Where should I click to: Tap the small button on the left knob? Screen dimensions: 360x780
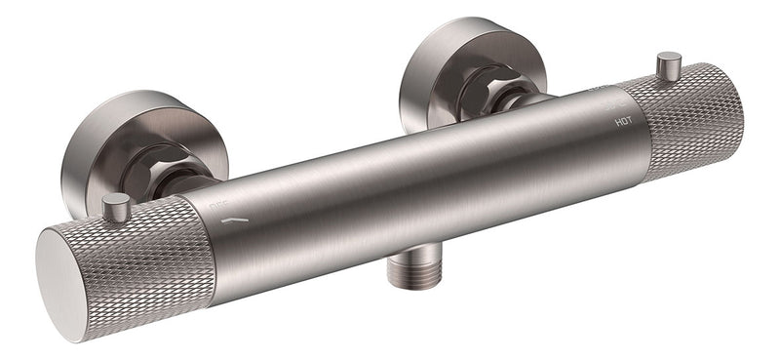(116, 207)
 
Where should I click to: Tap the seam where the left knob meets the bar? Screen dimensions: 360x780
(207, 244)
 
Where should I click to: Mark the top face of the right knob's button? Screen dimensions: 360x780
(669, 57)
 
